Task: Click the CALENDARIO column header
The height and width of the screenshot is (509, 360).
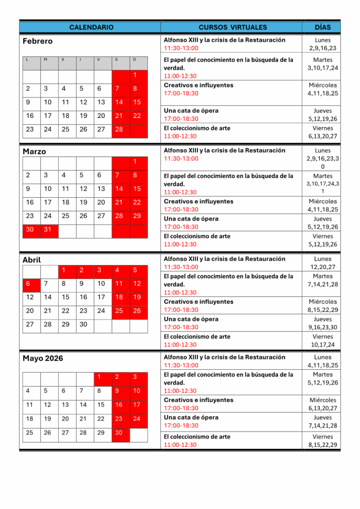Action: pyautogui.click(x=91, y=27)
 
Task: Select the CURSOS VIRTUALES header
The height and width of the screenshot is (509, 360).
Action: pyautogui.click(x=233, y=27)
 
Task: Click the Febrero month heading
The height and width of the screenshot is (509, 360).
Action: pyautogui.click(x=37, y=41)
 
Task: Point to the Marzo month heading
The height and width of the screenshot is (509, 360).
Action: pyautogui.click(x=34, y=152)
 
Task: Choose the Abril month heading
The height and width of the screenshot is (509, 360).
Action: pyautogui.click(x=32, y=260)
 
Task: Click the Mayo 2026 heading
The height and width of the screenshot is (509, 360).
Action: pyautogui.click(x=43, y=358)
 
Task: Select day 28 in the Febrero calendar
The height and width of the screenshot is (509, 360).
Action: pyautogui.click(x=119, y=130)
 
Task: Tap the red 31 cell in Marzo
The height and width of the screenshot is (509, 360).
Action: pyautogui.click(x=48, y=230)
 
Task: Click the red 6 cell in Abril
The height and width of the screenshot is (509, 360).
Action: pyautogui.click(x=30, y=284)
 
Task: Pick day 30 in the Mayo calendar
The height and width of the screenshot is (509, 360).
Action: pyautogui.click(x=119, y=432)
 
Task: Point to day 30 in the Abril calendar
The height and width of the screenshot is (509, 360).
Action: pyautogui.click(x=84, y=325)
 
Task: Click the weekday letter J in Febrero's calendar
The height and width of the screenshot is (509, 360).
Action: pyautogui.click(x=80, y=60)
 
